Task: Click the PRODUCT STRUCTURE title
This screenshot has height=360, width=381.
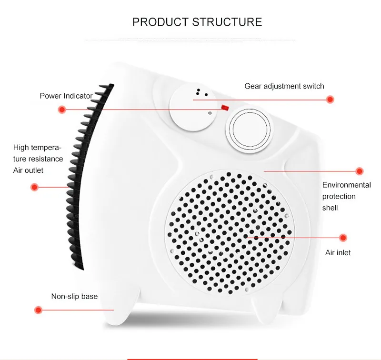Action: [197, 22]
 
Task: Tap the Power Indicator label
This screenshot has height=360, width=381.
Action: [66, 96]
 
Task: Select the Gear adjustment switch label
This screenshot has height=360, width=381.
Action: [284, 86]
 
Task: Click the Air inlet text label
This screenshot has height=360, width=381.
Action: [338, 253]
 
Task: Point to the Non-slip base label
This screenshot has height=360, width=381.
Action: [74, 297]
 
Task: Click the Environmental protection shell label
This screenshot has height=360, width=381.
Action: [346, 196]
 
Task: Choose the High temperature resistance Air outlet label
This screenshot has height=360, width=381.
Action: [38, 159]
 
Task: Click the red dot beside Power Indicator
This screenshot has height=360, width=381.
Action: [61, 110]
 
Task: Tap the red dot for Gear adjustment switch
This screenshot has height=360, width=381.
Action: [330, 100]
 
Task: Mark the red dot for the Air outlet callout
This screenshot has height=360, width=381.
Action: [34, 187]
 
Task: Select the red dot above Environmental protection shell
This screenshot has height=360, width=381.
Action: [360, 171]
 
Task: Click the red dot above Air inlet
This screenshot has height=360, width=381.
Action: [342, 237]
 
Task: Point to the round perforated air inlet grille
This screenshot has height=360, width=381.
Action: [228, 231]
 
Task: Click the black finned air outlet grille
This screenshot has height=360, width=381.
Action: [86, 176]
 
